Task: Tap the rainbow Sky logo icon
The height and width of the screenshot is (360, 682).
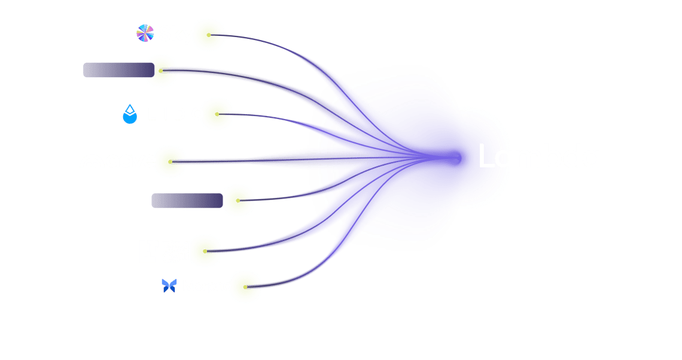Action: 145,34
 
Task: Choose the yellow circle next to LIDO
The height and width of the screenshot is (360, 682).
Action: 217,114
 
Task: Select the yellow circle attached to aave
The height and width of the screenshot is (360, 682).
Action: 170,161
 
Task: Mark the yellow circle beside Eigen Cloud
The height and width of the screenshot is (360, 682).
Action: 206,250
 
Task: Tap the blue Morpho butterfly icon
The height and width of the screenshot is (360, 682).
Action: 169,286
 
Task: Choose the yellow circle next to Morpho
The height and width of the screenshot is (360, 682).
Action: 246,286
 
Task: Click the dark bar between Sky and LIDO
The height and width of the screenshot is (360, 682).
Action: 118,70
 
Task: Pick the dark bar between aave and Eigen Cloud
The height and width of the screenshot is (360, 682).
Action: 187,200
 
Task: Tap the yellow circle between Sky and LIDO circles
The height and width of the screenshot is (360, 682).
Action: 160,69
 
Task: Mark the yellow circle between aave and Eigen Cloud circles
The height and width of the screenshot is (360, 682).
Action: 238,200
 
